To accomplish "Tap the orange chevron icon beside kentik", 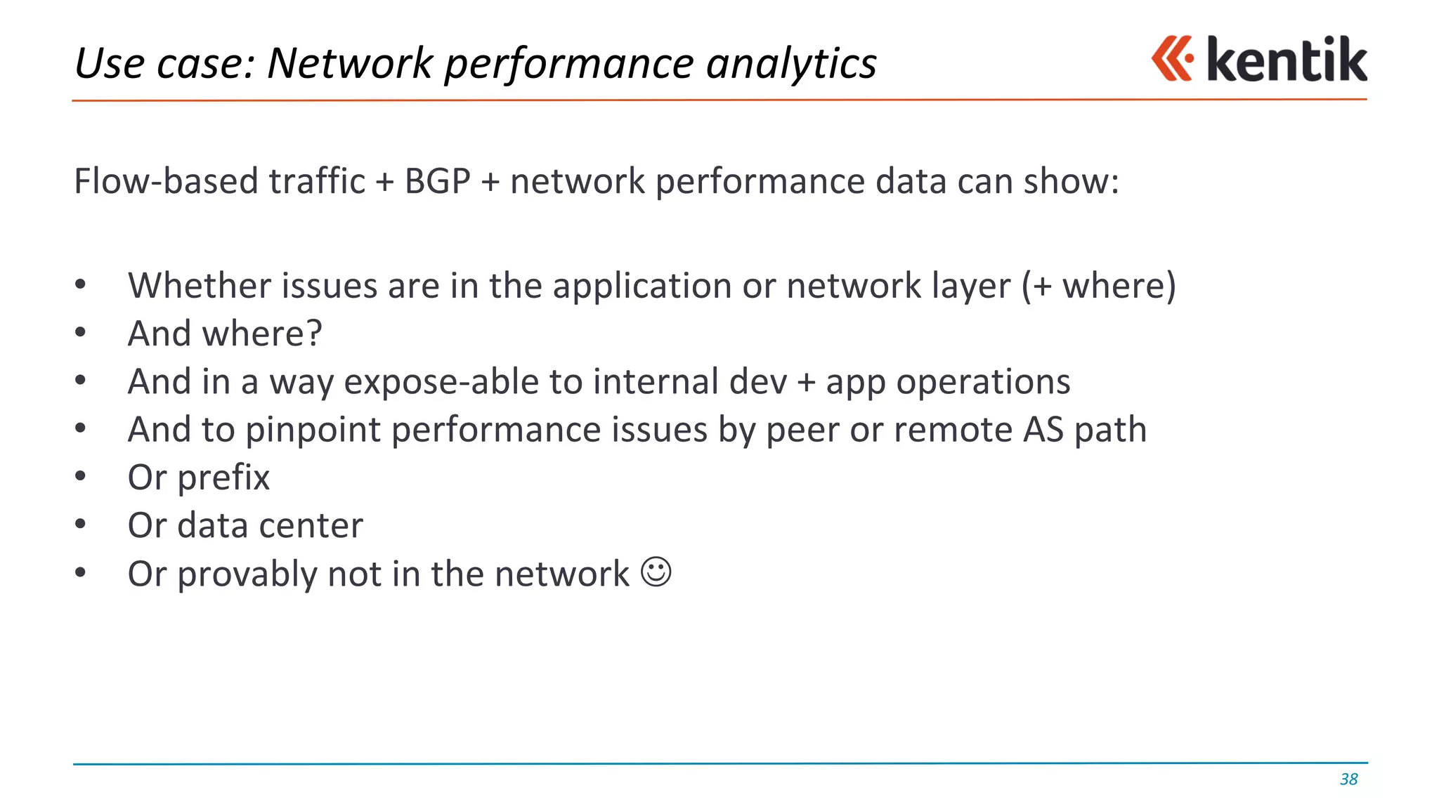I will click(x=1172, y=59).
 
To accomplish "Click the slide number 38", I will click(x=1348, y=780).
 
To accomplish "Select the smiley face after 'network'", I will click(x=656, y=572).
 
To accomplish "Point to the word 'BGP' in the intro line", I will click(x=437, y=182).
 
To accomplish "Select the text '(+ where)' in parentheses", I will click(x=1098, y=286).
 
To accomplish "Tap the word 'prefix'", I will click(x=223, y=478).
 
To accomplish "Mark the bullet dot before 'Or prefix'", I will click(x=81, y=476).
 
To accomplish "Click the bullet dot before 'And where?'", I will click(x=81, y=332).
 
